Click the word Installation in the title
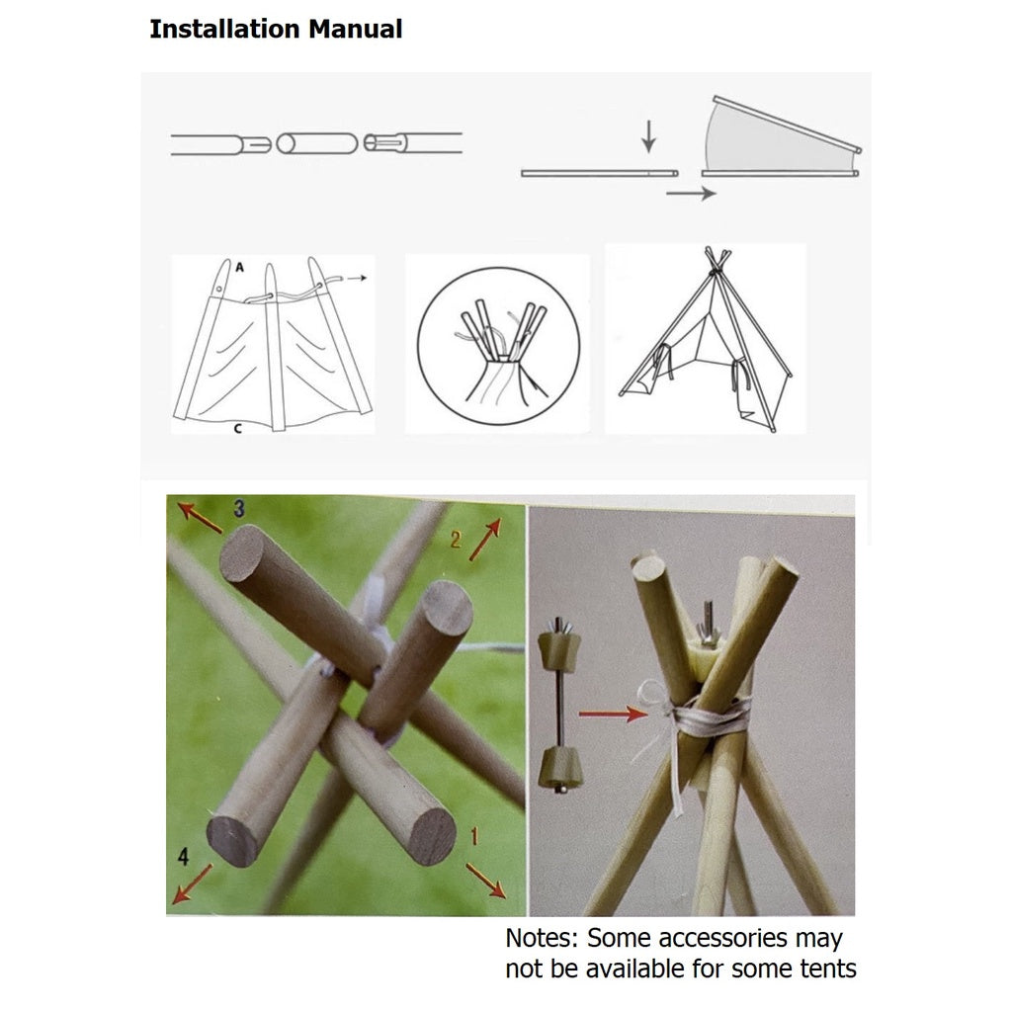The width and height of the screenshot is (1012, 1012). coord(225,29)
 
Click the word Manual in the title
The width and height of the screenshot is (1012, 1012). coord(355,29)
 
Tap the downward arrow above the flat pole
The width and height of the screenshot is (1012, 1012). coord(648,136)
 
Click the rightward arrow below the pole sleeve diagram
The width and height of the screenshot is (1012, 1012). coord(691,193)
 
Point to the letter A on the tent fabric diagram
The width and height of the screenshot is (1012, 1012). coord(239,267)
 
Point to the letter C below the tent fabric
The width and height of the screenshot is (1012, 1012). coord(237,429)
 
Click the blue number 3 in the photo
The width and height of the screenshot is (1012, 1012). coord(239,509)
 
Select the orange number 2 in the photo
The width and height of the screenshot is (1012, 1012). coord(456,540)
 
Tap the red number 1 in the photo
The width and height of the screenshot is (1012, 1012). coord(474,836)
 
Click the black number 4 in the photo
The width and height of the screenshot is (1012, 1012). coord(183,857)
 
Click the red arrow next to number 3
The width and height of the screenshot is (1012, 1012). coord(200,518)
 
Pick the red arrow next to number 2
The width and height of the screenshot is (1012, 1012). coord(485,539)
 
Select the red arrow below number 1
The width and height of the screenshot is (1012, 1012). coord(485,880)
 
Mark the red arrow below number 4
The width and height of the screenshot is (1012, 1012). coord(193,884)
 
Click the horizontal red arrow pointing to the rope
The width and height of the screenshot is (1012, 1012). coord(613,714)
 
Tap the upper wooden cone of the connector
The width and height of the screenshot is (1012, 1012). coord(559,649)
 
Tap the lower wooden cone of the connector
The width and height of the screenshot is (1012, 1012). coord(560,767)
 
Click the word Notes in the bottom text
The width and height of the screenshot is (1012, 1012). coord(541,939)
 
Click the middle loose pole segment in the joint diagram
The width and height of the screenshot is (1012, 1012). coord(317,143)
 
